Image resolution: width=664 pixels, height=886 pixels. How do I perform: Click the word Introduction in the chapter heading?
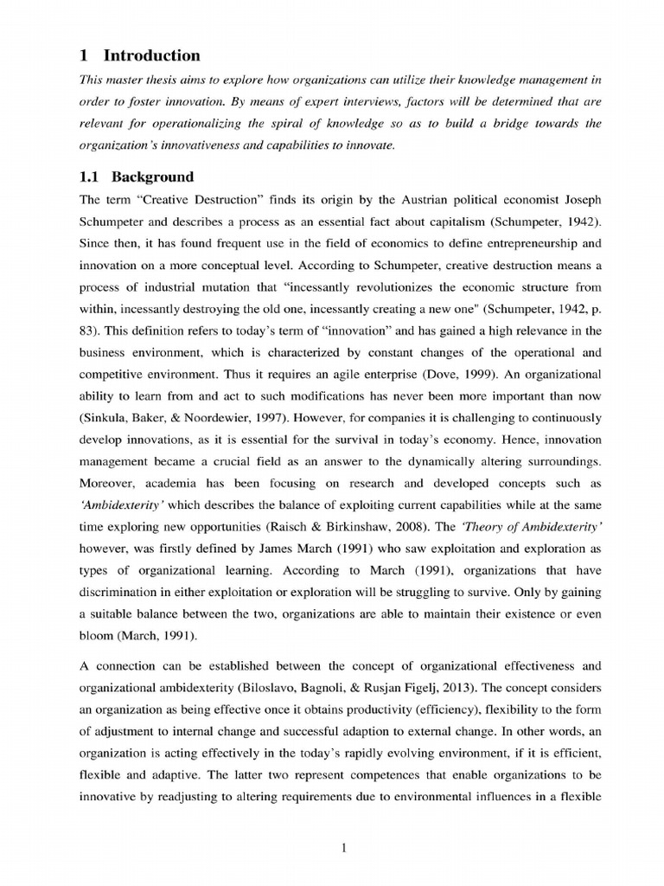point(151,55)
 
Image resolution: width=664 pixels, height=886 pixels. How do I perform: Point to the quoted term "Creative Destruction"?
point(186,200)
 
